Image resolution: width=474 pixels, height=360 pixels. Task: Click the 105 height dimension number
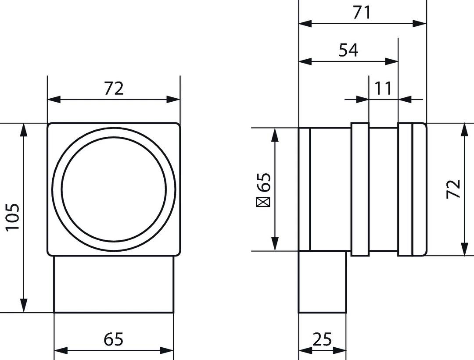coord(13,217)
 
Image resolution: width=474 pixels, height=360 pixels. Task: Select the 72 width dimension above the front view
coord(114,89)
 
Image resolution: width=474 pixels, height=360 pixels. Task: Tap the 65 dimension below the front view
coord(114,339)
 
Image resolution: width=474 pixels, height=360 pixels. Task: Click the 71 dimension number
coord(362,13)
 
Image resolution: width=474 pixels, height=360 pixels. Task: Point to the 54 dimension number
coord(348,50)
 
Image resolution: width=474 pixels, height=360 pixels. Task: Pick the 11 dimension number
coord(383,89)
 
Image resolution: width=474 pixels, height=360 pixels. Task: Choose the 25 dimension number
coord(322,339)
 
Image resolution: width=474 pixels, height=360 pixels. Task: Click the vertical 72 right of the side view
coord(454,189)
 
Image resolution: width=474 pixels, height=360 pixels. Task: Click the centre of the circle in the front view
coord(114,189)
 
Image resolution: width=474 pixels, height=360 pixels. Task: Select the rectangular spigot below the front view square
coord(114,284)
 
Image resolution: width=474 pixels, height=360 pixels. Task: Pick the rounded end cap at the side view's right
coord(419,189)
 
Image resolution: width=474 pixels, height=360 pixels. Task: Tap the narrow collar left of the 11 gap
coord(359,189)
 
